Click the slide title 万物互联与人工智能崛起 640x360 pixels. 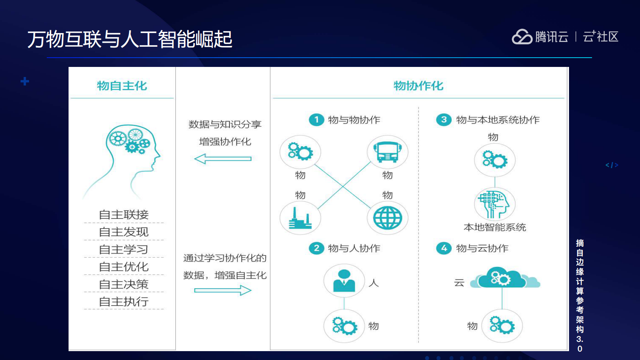(130, 39)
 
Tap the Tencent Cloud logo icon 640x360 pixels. (522, 37)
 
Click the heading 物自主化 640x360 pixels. (122, 86)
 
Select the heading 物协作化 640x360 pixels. (418, 86)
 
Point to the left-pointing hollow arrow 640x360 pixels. (223, 158)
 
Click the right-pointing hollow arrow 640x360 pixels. (223, 290)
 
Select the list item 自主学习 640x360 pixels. (124, 250)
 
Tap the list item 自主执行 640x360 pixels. (124, 302)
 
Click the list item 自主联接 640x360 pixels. (124, 215)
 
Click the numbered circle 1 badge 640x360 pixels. (317, 120)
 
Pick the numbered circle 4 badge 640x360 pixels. (444, 248)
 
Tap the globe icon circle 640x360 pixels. (387, 218)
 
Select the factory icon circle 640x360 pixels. (300, 218)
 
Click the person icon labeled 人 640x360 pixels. (344, 281)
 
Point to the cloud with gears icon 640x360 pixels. (502, 278)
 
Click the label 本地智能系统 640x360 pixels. (495, 227)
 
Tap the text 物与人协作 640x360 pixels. (354, 248)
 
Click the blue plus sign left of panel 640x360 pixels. (25, 81)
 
